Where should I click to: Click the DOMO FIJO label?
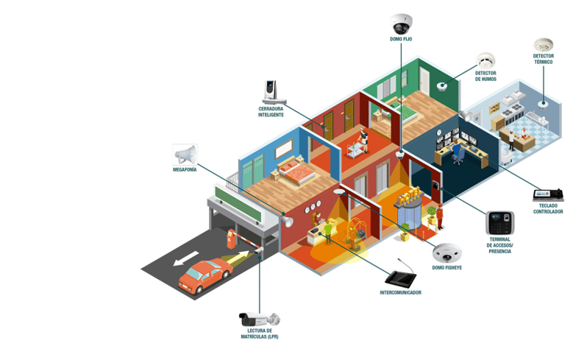pyautogui.click(x=400, y=38)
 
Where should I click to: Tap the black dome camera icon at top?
pyautogui.click(x=400, y=22)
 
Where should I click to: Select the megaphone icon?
pyautogui.click(x=186, y=154)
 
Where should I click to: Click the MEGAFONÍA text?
pyautogui.click(x=185, y=169)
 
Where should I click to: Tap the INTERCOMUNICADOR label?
pyautogui.click(x=400, y=292)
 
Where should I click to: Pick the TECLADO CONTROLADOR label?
pyautogui.click(x=547, y=209)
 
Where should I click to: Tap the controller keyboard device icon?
pyautogui.click(x=548, y=194)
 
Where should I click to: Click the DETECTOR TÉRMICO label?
pyautogui.click(x=543, y=59)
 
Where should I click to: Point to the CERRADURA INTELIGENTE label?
pyautogui.click(x=270, y=112)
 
